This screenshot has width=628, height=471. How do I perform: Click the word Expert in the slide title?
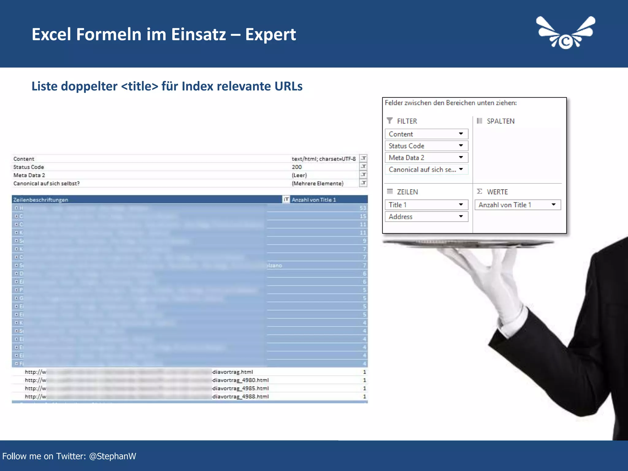(x=270, y=34)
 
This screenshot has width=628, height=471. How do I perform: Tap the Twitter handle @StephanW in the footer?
(x=113, y=456)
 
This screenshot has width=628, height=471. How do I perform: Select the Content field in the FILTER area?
(x=426, y=134)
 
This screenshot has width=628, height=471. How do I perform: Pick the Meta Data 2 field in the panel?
(x=426, y=158)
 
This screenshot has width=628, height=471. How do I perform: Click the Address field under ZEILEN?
(x=426, y=217)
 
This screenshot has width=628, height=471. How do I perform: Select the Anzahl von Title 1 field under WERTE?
(x=517, y=205)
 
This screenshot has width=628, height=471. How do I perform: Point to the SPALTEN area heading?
(x=500, y=121)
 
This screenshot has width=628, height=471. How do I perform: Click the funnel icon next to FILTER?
(x=389, y=121)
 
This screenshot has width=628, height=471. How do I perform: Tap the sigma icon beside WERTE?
(x=480, y=191)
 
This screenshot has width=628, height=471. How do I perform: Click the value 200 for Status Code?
(x=297, y=167)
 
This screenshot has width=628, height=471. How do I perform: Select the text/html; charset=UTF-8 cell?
(x=324, y=159)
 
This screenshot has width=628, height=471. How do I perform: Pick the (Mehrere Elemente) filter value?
(x=317, y=183)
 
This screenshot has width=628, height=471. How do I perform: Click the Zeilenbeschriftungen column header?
(x=41, y=200)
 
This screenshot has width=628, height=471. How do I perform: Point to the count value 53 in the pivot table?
(x=363, y=208)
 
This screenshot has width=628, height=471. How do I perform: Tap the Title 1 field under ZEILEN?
(x=426, y=205)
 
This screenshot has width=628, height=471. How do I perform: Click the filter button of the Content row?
(x=363, y=159)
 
